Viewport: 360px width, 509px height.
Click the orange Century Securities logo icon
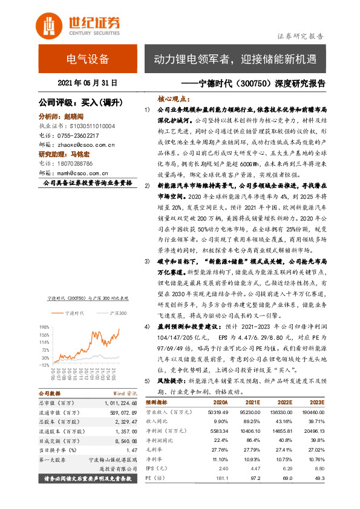[x=50, y=25]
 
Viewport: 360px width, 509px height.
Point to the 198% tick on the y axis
[x=44, y=326]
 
